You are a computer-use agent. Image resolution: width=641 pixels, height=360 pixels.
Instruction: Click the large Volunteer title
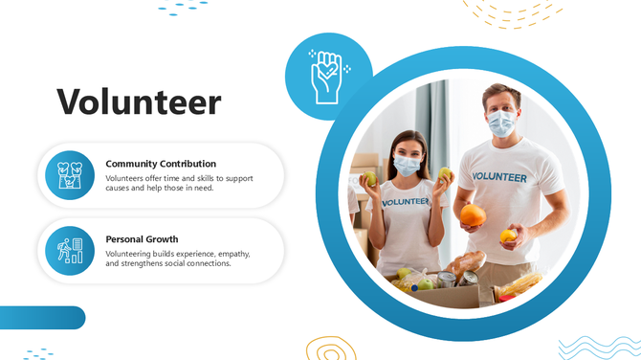click(x=139, y=101)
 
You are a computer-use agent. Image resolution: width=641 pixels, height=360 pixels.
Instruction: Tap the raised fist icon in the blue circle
click(x=328, y=76)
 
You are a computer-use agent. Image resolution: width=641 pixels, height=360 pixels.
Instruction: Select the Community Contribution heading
click(x=161, y=164)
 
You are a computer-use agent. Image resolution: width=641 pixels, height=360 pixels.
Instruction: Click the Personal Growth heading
click(x=142, y=238)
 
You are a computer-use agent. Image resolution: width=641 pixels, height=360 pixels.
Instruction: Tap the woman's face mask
click(x=407, y=165)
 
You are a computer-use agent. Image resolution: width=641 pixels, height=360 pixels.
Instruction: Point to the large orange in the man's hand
click(x=473, y=215)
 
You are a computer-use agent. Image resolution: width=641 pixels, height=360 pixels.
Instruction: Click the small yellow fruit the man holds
click(x=508, y=236)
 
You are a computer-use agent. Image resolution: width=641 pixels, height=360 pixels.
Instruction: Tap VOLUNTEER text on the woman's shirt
click(x=406, y=202)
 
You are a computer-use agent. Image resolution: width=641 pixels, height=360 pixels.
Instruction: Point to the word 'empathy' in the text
click(x=229, y=254)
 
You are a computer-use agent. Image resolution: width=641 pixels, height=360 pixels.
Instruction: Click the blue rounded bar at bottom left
click(x=42, y=318)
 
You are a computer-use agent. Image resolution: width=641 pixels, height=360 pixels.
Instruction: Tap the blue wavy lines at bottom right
click(x=599, y=346)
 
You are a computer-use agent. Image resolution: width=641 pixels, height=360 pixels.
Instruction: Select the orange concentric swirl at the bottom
click(x=330, y=349)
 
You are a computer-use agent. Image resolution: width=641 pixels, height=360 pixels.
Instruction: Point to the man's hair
click(x=499, y=92)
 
